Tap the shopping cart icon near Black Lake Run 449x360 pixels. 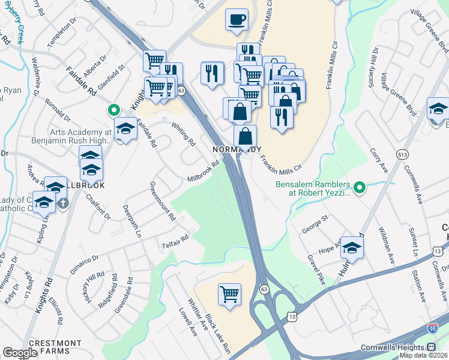pos(229,294)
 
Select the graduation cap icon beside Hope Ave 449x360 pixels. pos(352,247)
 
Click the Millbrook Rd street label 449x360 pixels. pos(203,172)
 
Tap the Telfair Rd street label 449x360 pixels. pos(175,241)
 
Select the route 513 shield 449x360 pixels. pos(402,154)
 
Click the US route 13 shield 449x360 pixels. pos(292,316)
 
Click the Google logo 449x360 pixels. pos(20,352)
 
